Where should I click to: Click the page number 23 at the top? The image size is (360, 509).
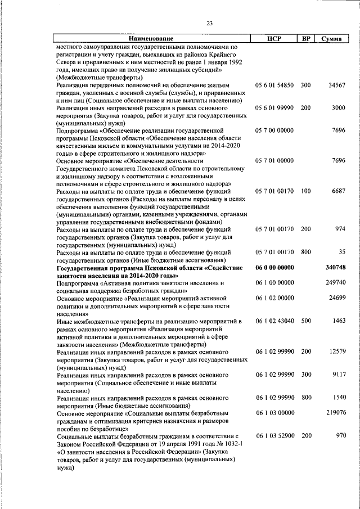click(210, 23)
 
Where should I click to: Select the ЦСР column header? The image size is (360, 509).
click(274, 39)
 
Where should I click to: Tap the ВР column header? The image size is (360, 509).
click(306, 39)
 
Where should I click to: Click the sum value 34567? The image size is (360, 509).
click(336, 85)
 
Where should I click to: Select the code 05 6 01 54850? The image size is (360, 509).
click(274, 85)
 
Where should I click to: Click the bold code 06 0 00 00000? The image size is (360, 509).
click(274, 267)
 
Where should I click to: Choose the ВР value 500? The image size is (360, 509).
click(305, 321)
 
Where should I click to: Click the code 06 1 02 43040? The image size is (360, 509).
click(274, 321)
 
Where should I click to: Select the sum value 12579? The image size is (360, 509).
click(336, 351)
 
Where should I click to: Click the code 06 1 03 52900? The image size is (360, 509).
click(274, 435)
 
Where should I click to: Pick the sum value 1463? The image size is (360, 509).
click(338, 321)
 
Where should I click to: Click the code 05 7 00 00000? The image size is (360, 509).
click(274, 130)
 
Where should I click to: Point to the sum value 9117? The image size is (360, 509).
click(338, 374)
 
